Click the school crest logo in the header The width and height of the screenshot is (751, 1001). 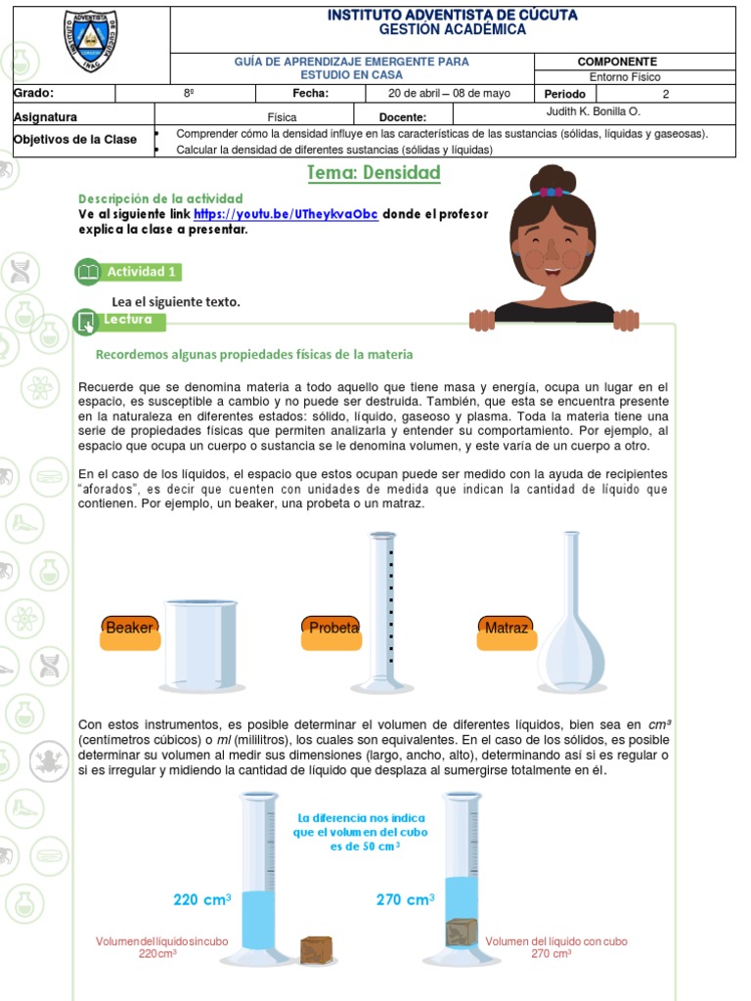(90, 42)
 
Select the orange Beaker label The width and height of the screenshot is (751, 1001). (129, 629)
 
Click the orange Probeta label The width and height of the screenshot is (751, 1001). (333, 629)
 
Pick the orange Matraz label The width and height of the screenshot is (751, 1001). (506, 629)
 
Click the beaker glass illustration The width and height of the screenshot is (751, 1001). (201, 645)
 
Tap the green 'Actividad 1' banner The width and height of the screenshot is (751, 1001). (129, 272)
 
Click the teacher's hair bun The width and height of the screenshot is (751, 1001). (554, 180)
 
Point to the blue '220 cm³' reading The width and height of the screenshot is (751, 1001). (202, 899)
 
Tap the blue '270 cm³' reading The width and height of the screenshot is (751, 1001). (405, 899)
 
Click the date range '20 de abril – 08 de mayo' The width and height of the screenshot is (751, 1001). (450, 94)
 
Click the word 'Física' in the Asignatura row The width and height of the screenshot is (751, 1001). (282, 116)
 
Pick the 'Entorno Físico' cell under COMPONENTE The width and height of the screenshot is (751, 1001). (625, 76)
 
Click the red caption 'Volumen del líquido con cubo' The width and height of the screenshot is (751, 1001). (556, 941)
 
